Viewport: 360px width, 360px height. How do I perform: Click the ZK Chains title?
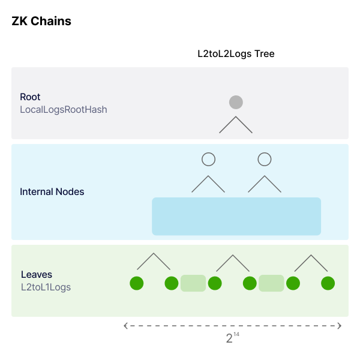coord(41,22)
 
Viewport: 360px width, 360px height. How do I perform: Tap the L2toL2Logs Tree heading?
coord(236,54)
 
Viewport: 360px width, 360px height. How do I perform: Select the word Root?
coord(30,97)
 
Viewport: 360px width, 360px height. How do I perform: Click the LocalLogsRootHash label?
coord(64,109)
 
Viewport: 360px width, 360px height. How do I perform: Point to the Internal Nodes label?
coord(52,192)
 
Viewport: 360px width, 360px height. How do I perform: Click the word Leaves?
coord(37,275)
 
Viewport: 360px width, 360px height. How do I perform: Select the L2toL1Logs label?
coord(46,287)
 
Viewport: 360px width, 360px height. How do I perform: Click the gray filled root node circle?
coord(236,102)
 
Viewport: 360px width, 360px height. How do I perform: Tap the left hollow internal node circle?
coord(208,159)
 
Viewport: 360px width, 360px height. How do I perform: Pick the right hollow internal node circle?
coord(265,159)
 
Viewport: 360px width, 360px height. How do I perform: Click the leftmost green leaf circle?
coord(136,283)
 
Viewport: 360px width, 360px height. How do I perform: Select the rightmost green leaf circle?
coord(328,283)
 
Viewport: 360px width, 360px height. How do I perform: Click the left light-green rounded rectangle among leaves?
coord(193,283)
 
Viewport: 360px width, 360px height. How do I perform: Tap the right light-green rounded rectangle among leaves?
coord(271,283)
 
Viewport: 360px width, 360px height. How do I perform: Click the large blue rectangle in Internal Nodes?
coord(236,216)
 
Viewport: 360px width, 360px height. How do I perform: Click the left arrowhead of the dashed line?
coord(126,326)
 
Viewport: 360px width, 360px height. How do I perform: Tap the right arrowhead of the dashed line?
coord(340,326)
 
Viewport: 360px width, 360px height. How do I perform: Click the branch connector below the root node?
coord(236,124)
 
